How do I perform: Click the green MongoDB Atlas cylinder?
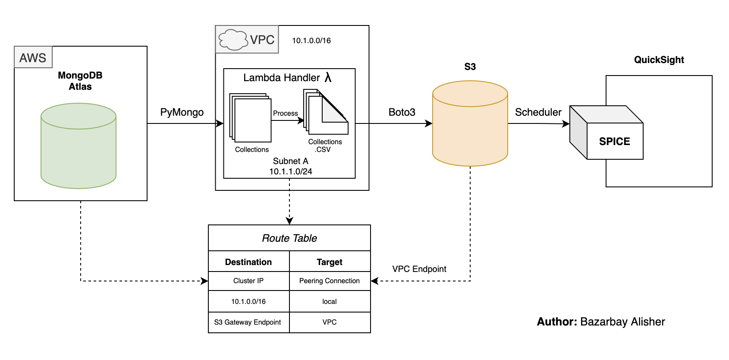click(79, 146)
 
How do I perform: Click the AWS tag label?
click(33, 57)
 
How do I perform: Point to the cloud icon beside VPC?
click(233, 40)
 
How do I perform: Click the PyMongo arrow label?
click(182, 112)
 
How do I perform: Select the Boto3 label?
click(402, 112)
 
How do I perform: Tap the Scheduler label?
click(538, 112)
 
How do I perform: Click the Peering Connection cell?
click(330, 281)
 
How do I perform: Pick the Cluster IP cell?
click(248, 281)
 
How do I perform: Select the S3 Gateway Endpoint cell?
click(248, 322)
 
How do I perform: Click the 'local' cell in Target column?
click(330, 302)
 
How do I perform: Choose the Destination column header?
click(248, 262)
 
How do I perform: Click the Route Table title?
click(289, 238)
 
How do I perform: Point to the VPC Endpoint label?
click(419, 269)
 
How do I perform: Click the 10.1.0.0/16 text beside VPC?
click(311, 41)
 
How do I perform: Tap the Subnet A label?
click(290, 161)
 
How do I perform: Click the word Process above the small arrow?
click(285, 113)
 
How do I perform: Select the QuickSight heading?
click(659, 60)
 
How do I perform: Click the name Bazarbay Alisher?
click(622, 322)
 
